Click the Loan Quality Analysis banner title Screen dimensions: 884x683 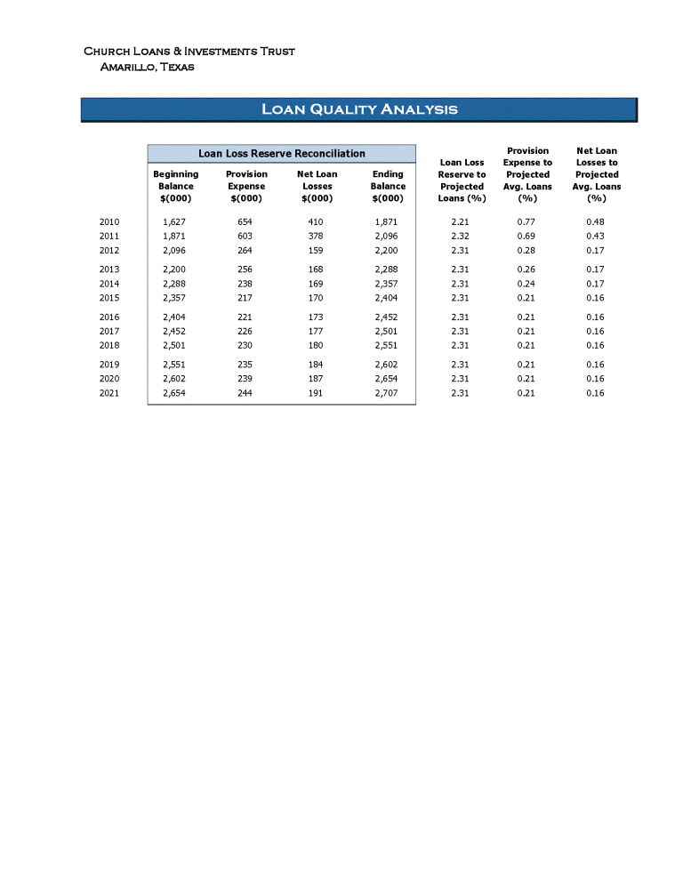point(359,109)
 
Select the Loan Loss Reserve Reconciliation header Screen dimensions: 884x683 point(281,154)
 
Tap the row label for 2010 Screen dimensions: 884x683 point(109,221)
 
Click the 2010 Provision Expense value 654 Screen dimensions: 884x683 point(245,221)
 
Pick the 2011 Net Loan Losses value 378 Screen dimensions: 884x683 point(316,236)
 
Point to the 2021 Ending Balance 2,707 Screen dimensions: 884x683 point(387,393)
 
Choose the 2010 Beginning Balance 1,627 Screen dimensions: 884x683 point(174,221)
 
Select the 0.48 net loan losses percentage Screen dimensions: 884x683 point(596,221)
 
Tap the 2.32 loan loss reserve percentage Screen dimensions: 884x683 point(461,236)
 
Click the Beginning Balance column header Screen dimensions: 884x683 point(175,186)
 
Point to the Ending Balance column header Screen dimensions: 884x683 point(388,186)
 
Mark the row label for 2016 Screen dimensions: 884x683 point(109,317)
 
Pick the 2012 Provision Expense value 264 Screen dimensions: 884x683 point(245,250)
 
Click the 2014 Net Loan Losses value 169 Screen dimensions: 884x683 point(316,284)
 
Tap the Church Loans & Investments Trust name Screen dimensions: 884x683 point(189,52)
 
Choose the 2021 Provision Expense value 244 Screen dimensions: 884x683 point(245,393)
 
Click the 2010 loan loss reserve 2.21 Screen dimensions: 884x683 point(461,221)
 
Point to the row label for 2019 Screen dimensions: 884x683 point(109,365)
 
